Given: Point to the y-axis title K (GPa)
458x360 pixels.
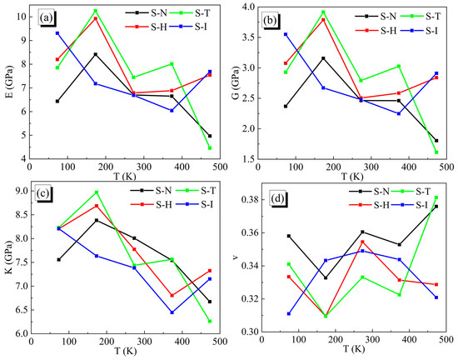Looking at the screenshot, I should click(7, 261).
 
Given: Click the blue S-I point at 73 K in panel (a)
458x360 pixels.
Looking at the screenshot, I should click(57, 33).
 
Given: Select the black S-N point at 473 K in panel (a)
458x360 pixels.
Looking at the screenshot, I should click(209, 136).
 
